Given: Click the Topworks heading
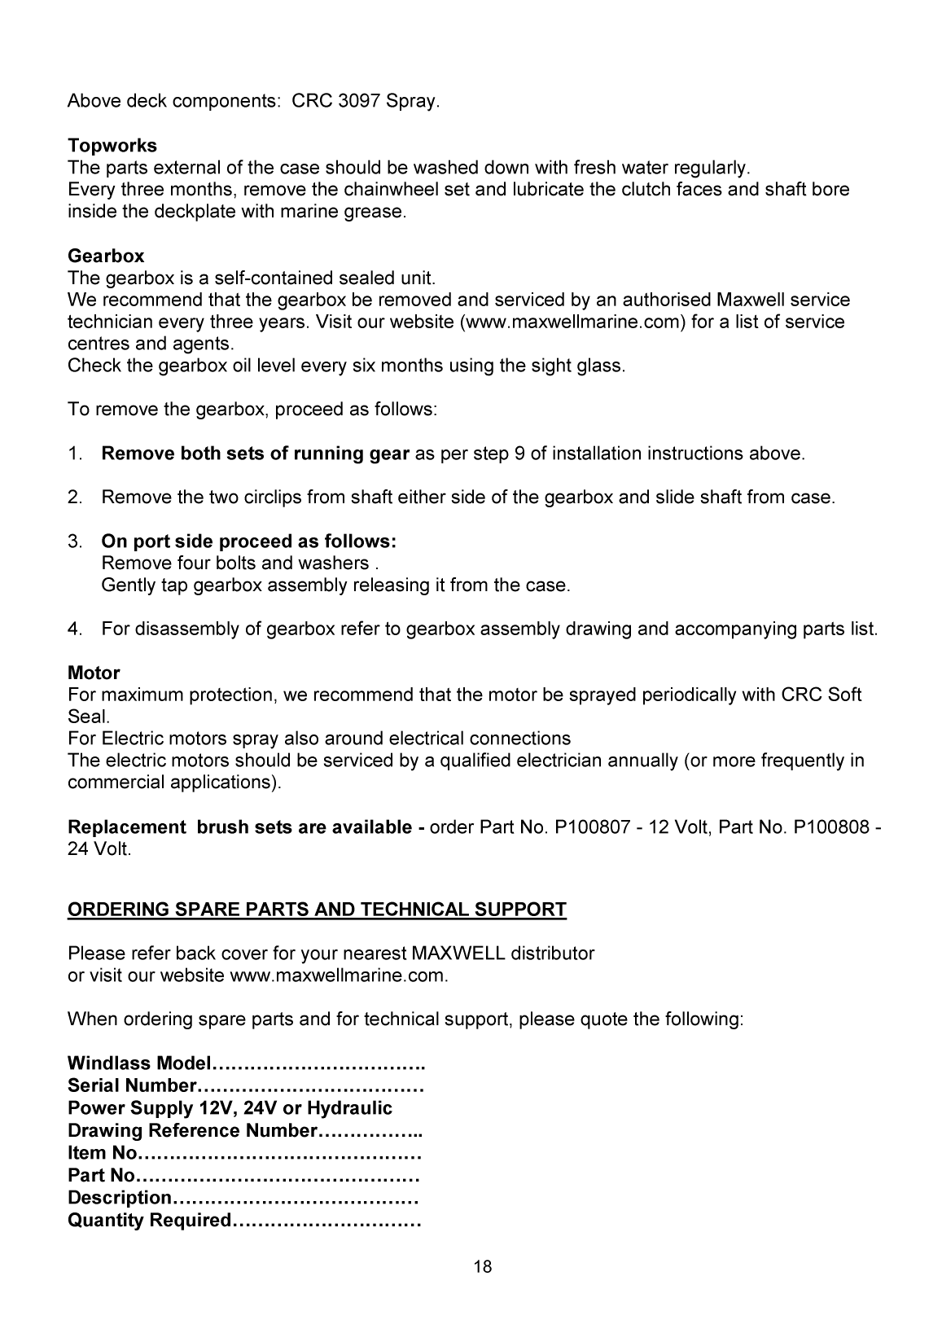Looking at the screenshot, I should [112, 146].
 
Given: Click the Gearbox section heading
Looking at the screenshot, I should [106, 257].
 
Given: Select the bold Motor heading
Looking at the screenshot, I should [94, 673].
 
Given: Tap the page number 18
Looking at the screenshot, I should [483, 1266].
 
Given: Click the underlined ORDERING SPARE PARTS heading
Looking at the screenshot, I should [317, 910].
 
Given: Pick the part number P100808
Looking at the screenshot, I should [830, 827].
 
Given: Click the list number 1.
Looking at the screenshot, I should [74, 454].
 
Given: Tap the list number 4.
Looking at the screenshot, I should [74, 629].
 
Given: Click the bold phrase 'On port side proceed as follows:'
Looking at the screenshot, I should [248, 542].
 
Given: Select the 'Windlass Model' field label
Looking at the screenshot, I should [139, 1063].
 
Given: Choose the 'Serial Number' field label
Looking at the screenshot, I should [132, 1086].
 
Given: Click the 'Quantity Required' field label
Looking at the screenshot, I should [150, 1221].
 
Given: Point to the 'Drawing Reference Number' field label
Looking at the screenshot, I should [191, 1131].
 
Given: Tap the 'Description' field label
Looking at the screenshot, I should [120, 1198].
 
